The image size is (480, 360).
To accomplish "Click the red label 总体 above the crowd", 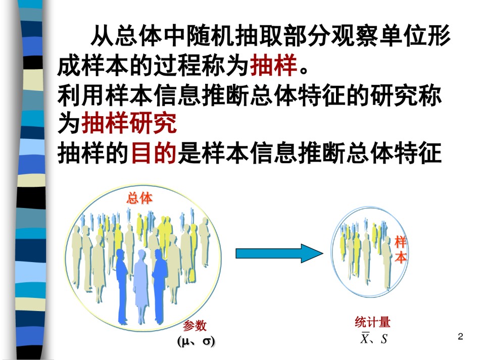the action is tap(139, 198).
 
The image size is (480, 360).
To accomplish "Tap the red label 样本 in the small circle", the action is tap(400, 249).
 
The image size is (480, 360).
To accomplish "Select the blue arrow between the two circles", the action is tap(279, 253).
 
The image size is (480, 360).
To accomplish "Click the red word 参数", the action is tap(195, 326).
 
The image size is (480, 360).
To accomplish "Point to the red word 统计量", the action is tap(372, 322).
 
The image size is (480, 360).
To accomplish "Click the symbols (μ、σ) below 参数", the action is tap(196, 341).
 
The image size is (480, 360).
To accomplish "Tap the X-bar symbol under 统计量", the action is tap(365, 338).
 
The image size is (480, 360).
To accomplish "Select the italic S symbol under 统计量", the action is tap(384, 339).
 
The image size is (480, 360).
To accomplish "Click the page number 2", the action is tap(460, 336).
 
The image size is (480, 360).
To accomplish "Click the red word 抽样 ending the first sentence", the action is tap(274, 65).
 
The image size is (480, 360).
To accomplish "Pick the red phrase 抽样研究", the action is tap(129, 123).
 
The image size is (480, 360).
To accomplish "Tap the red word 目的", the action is tap(154, 152).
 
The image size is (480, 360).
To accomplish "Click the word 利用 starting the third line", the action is tap(81, 94).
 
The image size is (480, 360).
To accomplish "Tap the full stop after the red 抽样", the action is tap(304, 71).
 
